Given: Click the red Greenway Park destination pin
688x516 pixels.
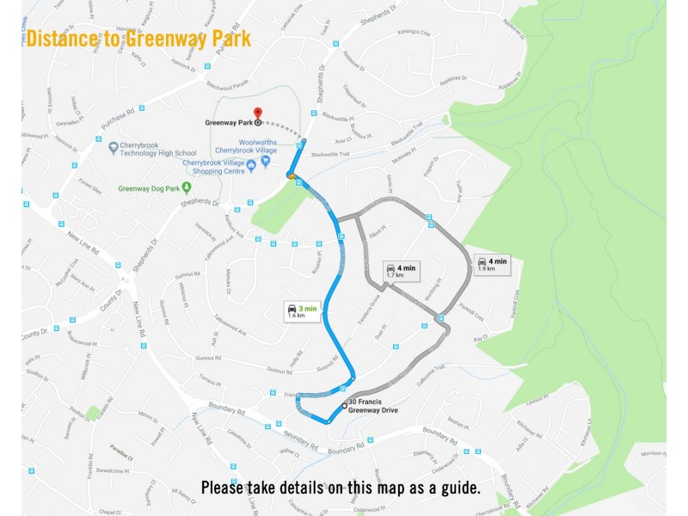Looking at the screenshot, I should coord(257,114).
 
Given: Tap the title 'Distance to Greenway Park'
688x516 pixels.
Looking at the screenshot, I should coord(138,39).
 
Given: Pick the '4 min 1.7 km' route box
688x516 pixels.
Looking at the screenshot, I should coord(401,271).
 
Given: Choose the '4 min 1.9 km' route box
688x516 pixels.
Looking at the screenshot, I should coord(493,264).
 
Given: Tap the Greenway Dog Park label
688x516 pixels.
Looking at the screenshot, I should coord(147,188).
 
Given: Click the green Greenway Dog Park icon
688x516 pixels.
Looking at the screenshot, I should coord(186,187).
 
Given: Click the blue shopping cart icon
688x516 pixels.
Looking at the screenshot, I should coord(265,161).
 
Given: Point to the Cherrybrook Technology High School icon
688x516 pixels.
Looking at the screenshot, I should coord(113,148).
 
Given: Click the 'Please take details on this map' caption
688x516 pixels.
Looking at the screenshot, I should coord(341,488).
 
